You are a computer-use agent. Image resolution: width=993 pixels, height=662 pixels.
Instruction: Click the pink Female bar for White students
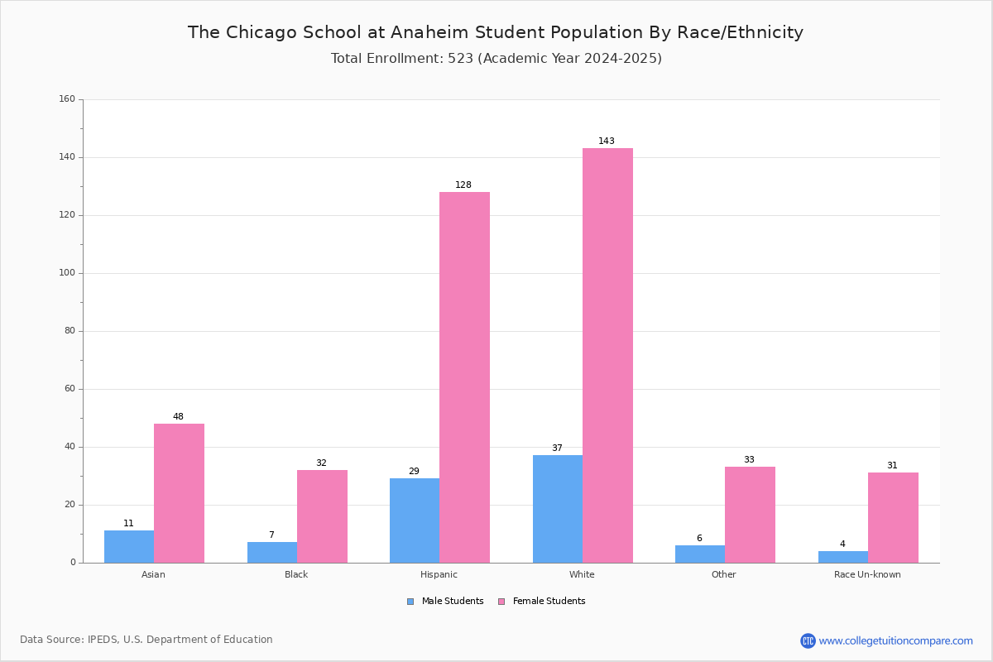tap(607, 356)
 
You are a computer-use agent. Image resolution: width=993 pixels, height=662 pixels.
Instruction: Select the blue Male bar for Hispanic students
tap(415, 520)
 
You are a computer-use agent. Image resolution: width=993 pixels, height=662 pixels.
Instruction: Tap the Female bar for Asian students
tap(179, 493)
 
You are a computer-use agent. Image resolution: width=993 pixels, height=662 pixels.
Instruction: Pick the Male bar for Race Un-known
tap(843, 558)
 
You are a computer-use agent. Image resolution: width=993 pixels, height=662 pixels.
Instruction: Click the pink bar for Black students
tap(322, 516)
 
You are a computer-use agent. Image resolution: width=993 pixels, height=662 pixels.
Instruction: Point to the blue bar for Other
tap(700, 554)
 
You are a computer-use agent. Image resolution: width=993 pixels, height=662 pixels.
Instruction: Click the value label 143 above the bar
tap(607, 141)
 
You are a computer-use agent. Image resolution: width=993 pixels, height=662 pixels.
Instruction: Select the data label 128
tap(463, 185)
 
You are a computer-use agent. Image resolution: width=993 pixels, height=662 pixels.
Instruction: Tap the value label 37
tap(557, 448)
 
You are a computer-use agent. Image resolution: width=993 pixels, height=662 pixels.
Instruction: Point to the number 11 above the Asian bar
tap(128, 523)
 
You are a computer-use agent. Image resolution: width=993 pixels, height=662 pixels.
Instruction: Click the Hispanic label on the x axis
tap(439, 574)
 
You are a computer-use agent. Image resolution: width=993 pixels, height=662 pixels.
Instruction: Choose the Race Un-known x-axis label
tap(867, 574)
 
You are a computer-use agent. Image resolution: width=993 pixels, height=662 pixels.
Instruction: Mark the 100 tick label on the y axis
tap(67, 273)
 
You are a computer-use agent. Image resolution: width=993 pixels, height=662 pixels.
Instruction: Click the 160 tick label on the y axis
tap(67, 98)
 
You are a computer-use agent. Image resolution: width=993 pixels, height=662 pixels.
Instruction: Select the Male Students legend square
tap(410, 602)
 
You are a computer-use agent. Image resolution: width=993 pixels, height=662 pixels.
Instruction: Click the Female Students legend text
tap(549, 602)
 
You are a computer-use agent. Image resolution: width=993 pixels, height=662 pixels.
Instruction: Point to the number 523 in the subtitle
tap(461, 59)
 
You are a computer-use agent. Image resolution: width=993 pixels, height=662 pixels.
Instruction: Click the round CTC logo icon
tap(808, 640)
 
